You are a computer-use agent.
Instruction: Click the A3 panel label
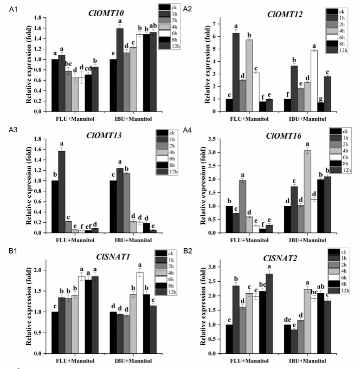(x=9, y=130)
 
